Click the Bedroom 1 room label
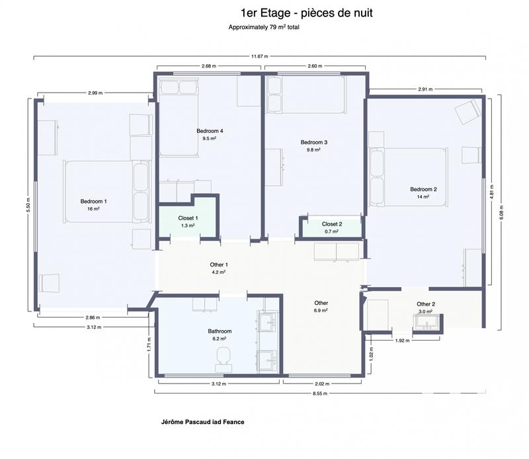coord(93,201)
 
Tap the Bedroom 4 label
coord(210,131)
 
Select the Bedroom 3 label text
coord(313,142)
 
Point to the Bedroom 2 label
coord(423,189)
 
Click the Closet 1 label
coord(188,218)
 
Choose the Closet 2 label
coord(332,224)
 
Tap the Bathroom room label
coord(219,331)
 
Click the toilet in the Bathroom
coord(223,358)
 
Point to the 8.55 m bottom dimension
coord(259,394)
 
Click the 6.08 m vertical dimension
coord(501,210)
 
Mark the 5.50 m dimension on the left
coord(28,204)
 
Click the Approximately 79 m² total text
coord(264,28)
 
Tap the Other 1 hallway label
coord(219,265)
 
